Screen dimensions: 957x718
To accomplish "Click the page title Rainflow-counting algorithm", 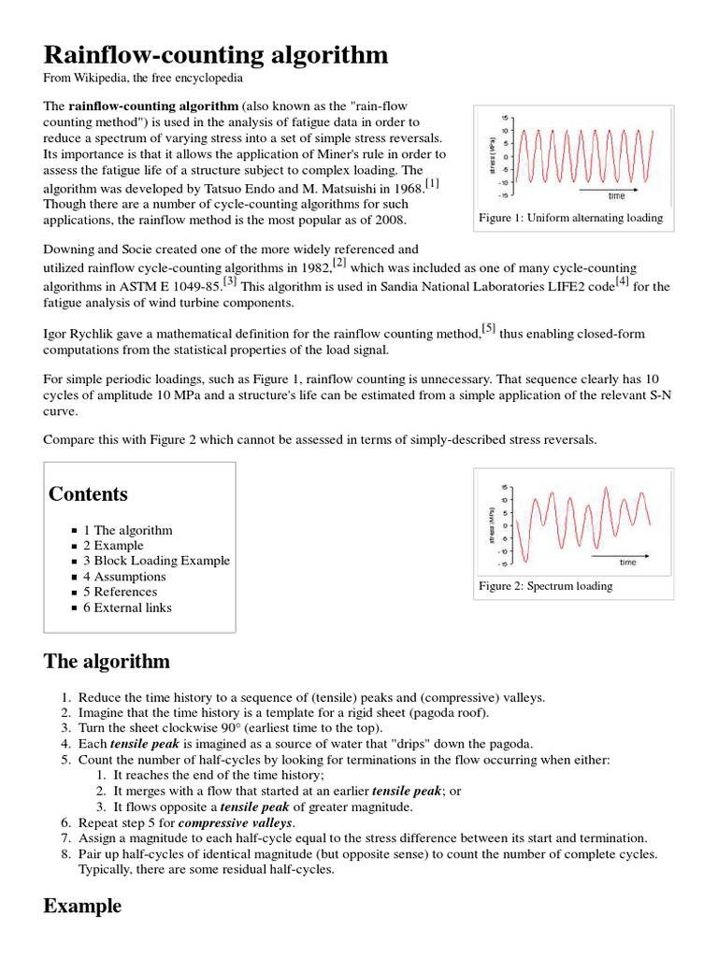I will (216, 55).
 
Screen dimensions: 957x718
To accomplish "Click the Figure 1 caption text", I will (569, 218).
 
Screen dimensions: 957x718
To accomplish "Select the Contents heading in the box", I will (88, 494).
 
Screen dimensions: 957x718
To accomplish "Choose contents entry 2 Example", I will (113, 546).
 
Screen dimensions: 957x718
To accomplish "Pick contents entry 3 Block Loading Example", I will (156, 561).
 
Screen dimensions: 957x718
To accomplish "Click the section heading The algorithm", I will (107, 662).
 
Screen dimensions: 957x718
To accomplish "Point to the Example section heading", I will (82, 906).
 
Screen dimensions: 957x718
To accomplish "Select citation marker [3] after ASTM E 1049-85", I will (229, 280).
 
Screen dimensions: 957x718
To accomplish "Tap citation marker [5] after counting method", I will (489, 328).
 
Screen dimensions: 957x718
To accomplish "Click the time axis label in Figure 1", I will (616, 196).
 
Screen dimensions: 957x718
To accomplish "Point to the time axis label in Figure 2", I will (627, 563).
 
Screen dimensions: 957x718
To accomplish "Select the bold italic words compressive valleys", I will (235, 823).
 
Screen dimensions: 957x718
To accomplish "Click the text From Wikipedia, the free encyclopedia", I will (144, 79).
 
